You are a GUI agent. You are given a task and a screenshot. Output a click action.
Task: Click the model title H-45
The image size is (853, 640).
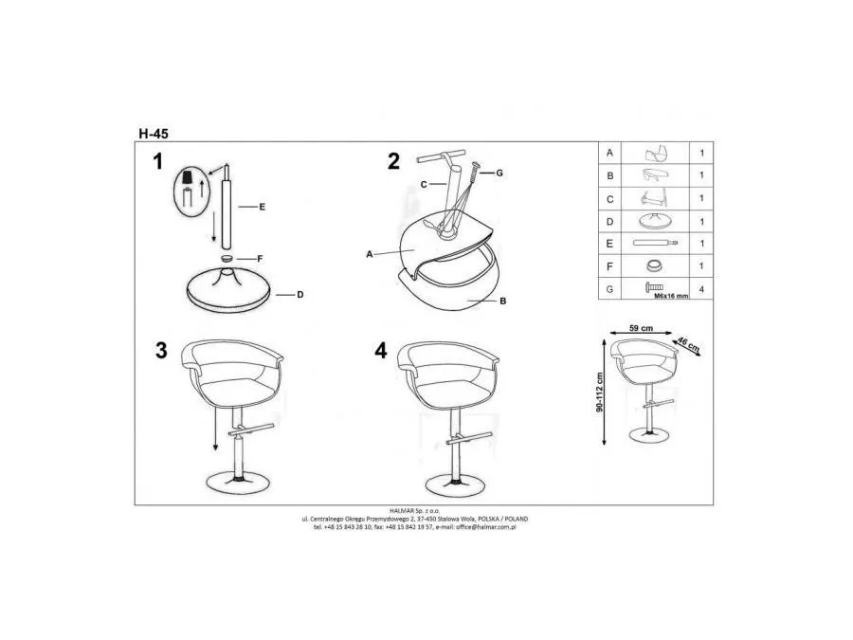click(x=153, y=135)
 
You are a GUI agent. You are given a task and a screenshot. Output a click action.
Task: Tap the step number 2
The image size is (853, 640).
click(x=393, y=162)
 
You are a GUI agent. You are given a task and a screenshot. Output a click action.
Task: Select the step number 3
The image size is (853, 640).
click(x=161, y=350)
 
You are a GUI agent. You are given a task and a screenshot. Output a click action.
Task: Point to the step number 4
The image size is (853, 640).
click(x=381, y=350)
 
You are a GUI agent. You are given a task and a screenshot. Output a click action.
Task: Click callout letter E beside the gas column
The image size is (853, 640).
click(x=261, y=206)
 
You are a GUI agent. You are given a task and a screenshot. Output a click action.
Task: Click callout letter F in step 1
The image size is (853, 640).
click(x=260, y=258)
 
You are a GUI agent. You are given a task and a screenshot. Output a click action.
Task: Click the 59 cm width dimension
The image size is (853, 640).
click(x=642, y=328)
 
